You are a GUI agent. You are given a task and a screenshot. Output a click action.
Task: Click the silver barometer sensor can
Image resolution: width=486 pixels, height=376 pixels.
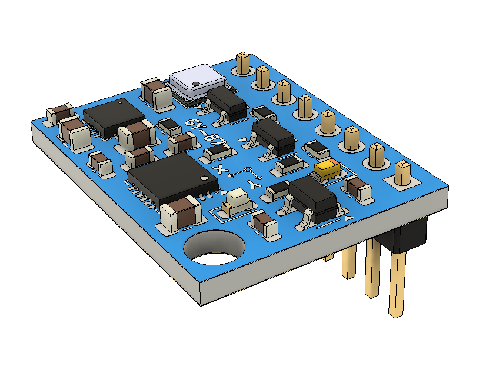point(197,82)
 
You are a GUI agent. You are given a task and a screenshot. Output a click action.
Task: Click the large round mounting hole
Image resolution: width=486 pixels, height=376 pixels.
point(214,249)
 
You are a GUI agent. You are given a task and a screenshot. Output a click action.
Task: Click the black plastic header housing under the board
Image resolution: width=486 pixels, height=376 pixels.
point(408,233)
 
